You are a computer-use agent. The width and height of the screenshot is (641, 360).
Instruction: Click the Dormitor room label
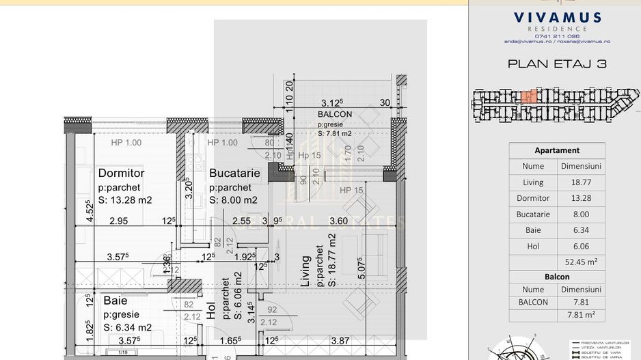coord(121,174)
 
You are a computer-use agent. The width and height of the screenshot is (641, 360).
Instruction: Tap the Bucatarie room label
coord(234,174)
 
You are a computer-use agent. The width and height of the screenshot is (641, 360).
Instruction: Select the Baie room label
coord(115,301)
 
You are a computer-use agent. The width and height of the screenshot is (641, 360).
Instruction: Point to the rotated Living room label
coord(306,271)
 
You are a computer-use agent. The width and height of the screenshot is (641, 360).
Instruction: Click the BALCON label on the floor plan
coord(335,115)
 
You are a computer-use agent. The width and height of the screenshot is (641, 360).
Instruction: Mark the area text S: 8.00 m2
coord(233,200)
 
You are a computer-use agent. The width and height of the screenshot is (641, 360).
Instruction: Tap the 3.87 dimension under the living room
coord(340,340)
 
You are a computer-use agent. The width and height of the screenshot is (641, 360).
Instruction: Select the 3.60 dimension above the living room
coord(339,221)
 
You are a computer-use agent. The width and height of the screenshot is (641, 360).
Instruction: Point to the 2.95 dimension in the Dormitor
coord(118,221)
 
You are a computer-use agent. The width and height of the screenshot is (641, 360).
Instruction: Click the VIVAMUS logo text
coord(557,18)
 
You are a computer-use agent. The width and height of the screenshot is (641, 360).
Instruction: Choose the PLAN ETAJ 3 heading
coord(557,64)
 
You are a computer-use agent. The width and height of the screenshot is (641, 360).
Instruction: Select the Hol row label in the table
coord(533,247)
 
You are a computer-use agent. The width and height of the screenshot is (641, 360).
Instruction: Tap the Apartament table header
coord(557,150)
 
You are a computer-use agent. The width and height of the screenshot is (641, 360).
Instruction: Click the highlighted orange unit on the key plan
coord(529,97)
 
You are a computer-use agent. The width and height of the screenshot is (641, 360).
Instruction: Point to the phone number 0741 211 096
coord(557,36)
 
